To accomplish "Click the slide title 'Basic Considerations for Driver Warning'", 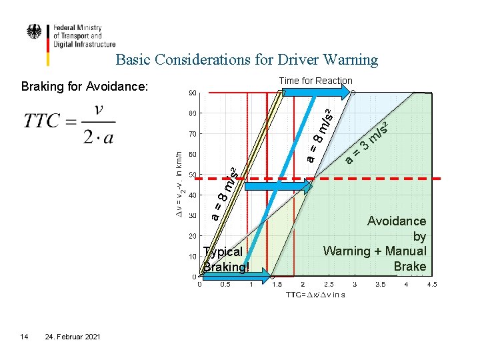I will click(247, 60).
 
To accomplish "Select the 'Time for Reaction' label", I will click(315, 81).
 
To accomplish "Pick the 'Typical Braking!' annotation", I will click(225, 259).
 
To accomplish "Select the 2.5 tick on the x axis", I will click(328, 285).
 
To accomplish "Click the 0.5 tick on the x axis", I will click(225, 285).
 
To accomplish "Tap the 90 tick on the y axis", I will click(191, 93).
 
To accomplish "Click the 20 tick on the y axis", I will click(191, 236).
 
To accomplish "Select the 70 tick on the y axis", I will click(191, 134).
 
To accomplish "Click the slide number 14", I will click(24, 337).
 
